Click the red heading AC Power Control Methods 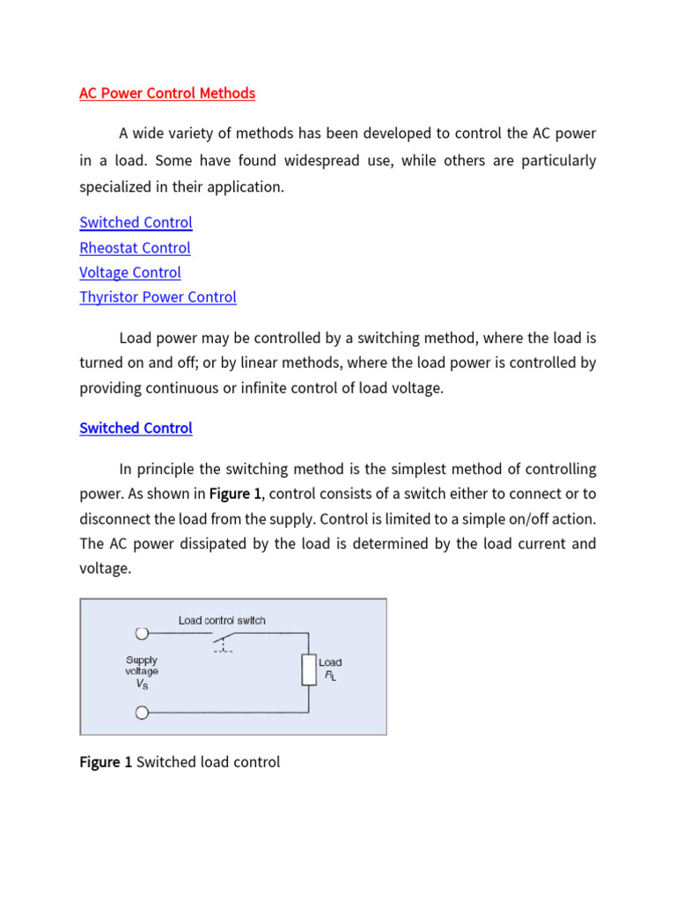[167, 93]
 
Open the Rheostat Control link [135, 248]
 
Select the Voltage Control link [130, 273]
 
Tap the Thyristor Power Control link [158, 297]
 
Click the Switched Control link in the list [136, 223]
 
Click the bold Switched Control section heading [136, 429]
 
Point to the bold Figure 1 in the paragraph [234, 494]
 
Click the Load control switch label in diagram [222, 620]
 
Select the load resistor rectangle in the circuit [308, 670]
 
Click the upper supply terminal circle [141, 633]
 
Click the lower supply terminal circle [141, 713]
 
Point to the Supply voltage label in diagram [141, 665]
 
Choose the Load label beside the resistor [330, 663]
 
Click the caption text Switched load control [208, 762]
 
